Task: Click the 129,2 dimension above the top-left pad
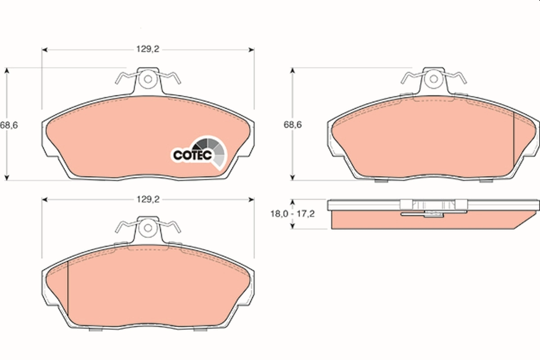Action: (x=148, y=49)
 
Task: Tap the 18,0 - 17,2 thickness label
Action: (x=292, y=214)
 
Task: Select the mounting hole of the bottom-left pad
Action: (x=147, y=228)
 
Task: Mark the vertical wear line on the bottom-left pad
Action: (x=67, y=288)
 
